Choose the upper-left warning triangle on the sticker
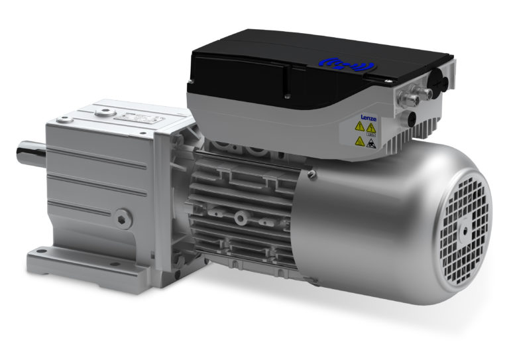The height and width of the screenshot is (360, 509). (x=359, y=127)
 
